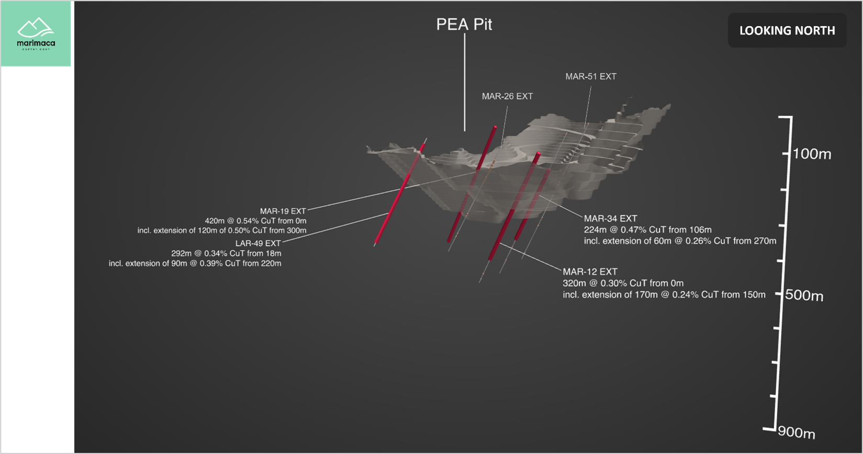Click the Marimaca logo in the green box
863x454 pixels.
point(36,34)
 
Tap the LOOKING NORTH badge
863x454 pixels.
point(787,31)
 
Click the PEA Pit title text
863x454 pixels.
point(464,25)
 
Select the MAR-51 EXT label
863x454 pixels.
point(591,76)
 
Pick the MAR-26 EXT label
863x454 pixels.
point(507,96)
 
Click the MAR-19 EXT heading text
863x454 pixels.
point(283,211)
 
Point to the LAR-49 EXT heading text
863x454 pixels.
point(258,243)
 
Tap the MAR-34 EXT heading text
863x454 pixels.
point(610,219)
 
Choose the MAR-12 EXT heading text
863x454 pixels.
point(590,272)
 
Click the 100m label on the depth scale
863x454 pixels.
point(812,154)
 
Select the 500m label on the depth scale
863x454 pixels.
point(804,296)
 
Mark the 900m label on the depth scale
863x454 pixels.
point(797,433)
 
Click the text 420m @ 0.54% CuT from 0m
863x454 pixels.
point(255,221)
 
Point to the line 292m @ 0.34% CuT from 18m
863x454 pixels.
point(226,253)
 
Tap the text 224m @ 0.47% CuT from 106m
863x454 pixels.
point(647,230)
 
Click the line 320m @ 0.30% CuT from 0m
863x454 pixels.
point(623,283)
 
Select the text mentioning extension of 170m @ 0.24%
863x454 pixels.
point(664,294)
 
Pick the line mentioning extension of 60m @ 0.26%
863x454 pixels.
point(680,241)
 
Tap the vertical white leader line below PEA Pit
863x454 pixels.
point(465,84)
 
